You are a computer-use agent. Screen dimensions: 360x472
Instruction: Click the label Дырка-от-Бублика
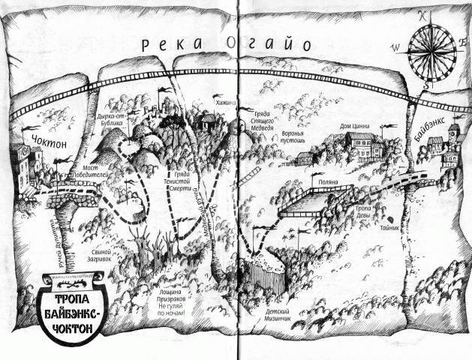coord(121,115)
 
